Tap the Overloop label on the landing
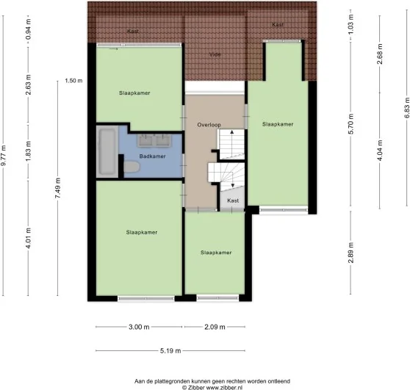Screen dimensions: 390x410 coord(209,125)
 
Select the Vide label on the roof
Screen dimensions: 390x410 coord(215,54)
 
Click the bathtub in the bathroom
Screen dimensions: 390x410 coord(107,151)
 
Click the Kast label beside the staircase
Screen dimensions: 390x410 coord(233,200)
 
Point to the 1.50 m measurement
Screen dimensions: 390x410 coord(73,81)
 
